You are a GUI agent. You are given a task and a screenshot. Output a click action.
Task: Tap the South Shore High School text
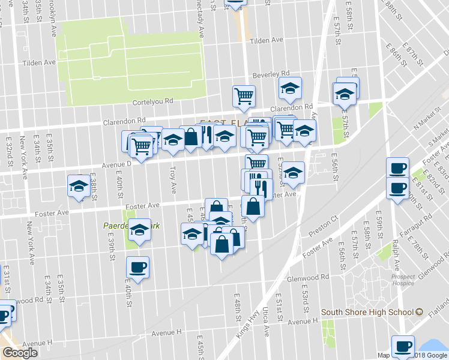click(x=367, y=312)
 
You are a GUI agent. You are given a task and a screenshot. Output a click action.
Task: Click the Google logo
click(x=20, y=353)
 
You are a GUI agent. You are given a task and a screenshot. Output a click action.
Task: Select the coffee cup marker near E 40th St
click(x=137, y=266)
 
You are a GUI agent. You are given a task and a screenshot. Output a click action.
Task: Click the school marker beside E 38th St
click(x=79, y=185)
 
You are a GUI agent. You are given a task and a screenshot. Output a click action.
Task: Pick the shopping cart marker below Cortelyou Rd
click(x=244, y=95)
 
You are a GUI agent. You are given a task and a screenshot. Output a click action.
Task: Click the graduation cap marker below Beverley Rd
click(x=290, y=89)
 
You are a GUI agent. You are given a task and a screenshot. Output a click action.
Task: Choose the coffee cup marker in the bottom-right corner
click(x=403, y=346)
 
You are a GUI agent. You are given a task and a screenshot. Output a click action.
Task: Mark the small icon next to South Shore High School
click(x=420, y=312)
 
